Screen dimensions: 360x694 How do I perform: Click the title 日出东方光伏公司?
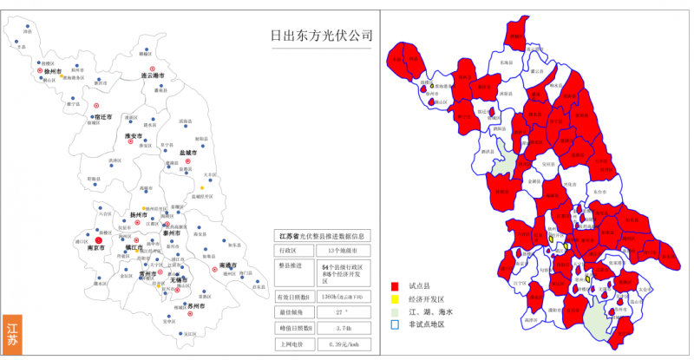[320, 36]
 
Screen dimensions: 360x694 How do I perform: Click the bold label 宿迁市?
[101, 116]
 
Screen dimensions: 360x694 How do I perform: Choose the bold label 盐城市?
[189, 153]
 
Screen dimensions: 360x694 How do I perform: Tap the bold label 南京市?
[96, 248]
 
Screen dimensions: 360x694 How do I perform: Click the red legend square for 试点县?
[395, 285]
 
